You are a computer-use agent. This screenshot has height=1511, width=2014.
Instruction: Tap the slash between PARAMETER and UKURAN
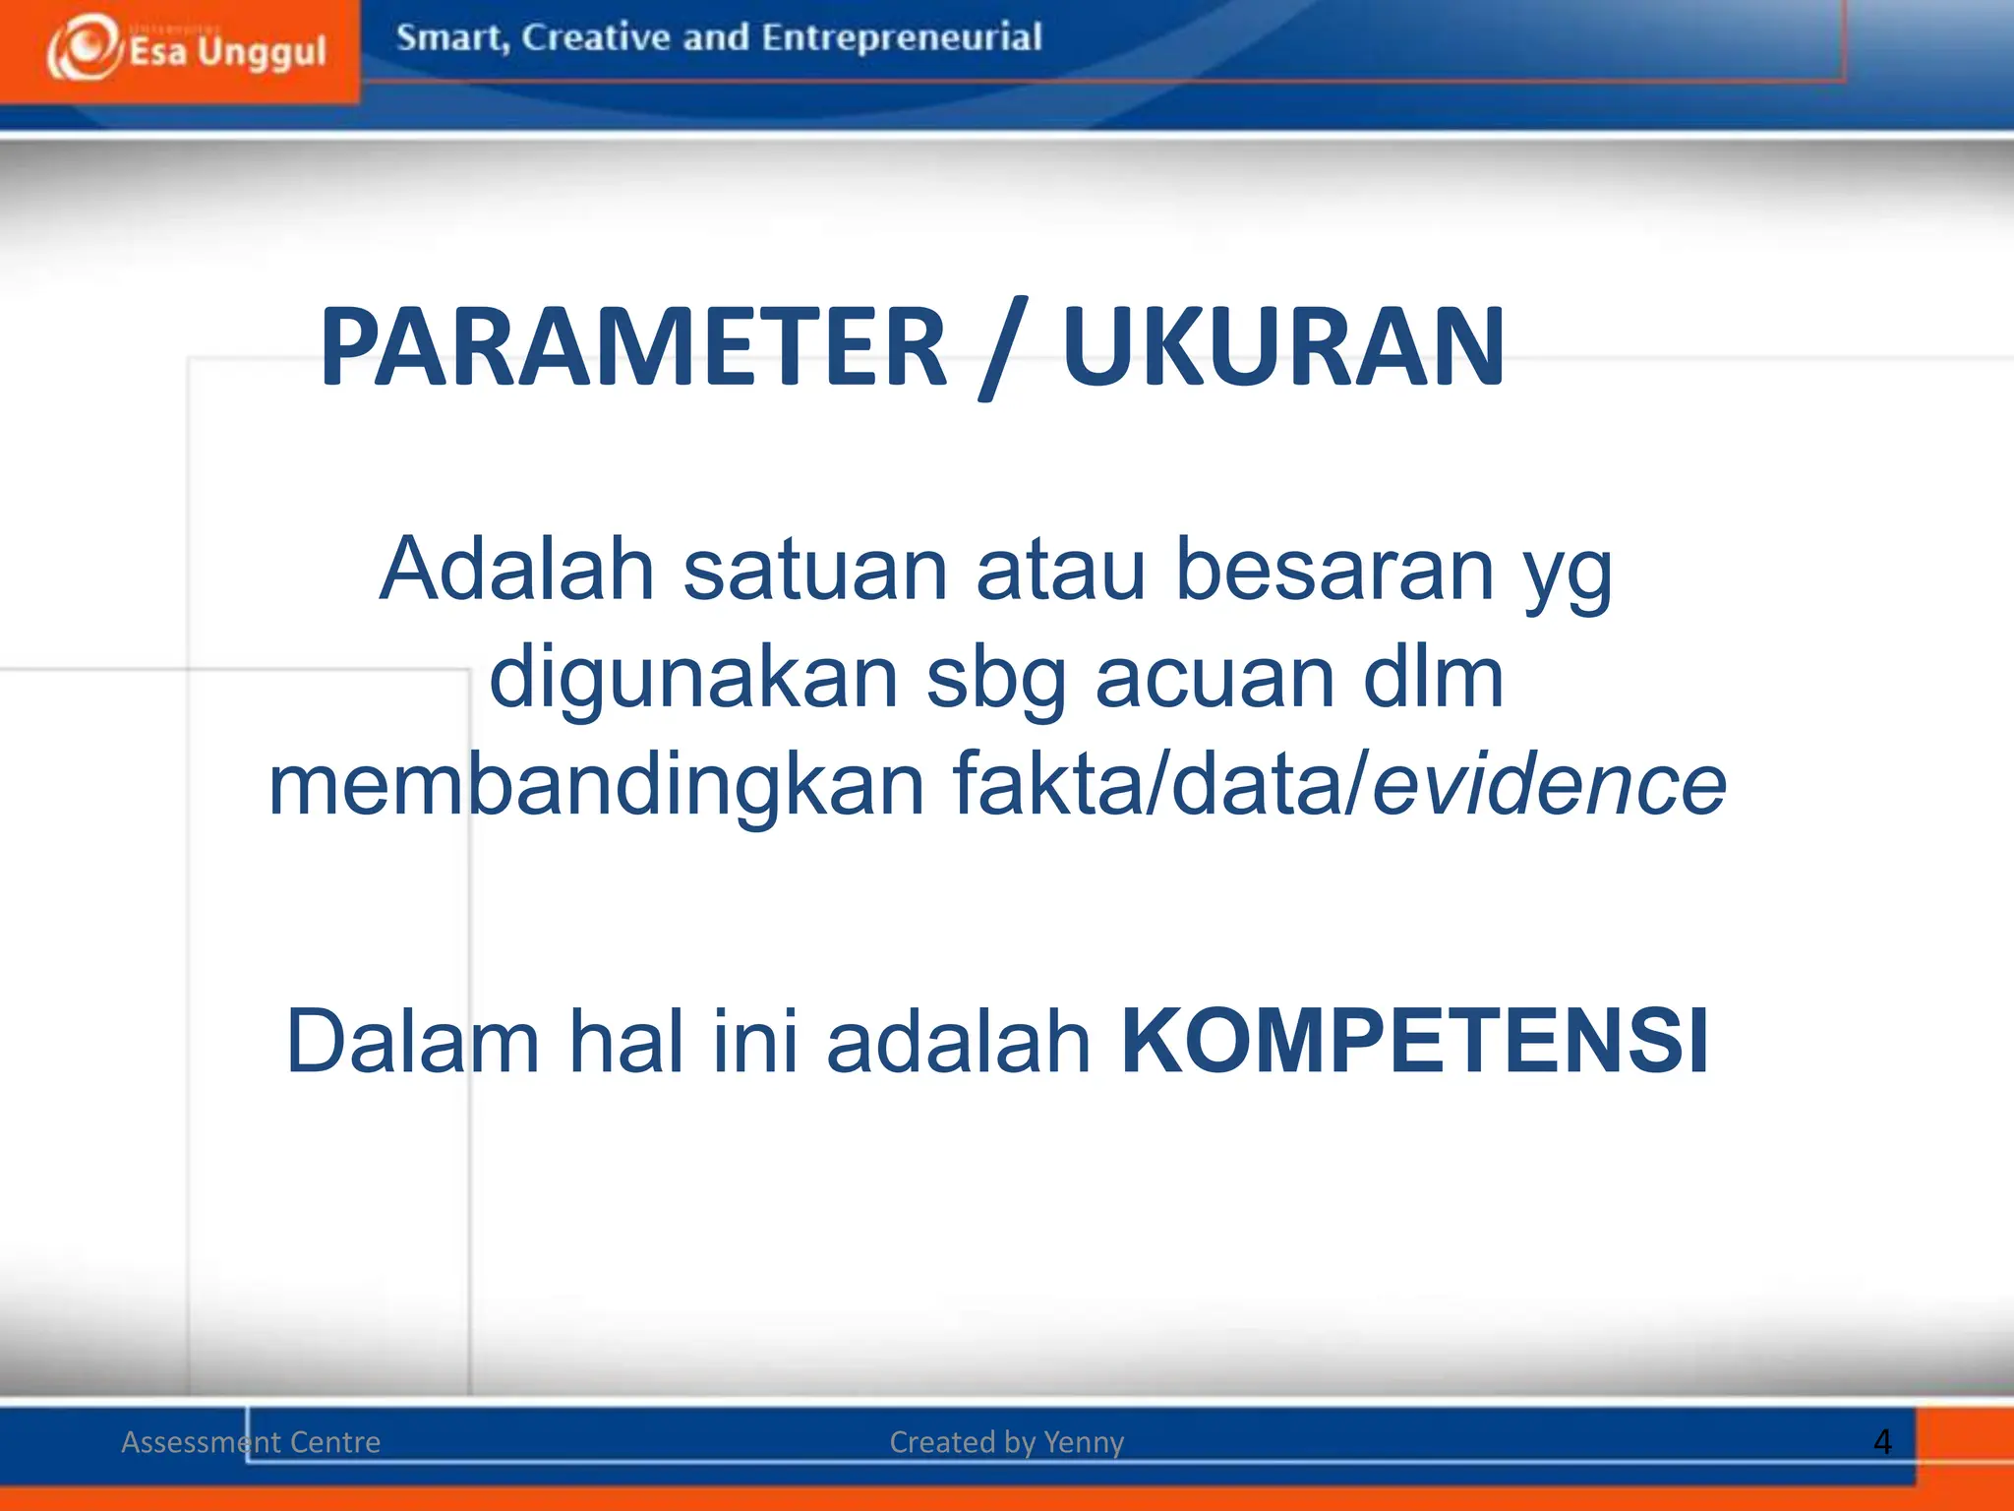[x=1004, y=349]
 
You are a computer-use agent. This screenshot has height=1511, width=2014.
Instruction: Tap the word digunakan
[x=694, y=679]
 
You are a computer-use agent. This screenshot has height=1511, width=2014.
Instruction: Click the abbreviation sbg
[x=996, y=679]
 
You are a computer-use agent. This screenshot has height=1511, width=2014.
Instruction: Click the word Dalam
[x=413, y=1042]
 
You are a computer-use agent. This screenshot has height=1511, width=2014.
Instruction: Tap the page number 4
[x=1882, y=1442]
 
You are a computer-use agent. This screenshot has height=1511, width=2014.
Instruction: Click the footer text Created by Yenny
[x=1006, y=1442]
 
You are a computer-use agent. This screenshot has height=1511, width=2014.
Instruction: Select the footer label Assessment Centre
[x=251, y=1442]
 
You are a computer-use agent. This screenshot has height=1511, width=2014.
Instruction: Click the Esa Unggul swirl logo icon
[x=85, y=47]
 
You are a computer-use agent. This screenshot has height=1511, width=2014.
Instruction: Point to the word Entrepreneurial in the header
[x=901, y=37]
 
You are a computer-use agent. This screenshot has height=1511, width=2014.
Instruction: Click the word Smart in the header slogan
[x=450, y=37]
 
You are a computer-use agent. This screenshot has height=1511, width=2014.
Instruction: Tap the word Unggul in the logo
[x=262, y=52]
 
